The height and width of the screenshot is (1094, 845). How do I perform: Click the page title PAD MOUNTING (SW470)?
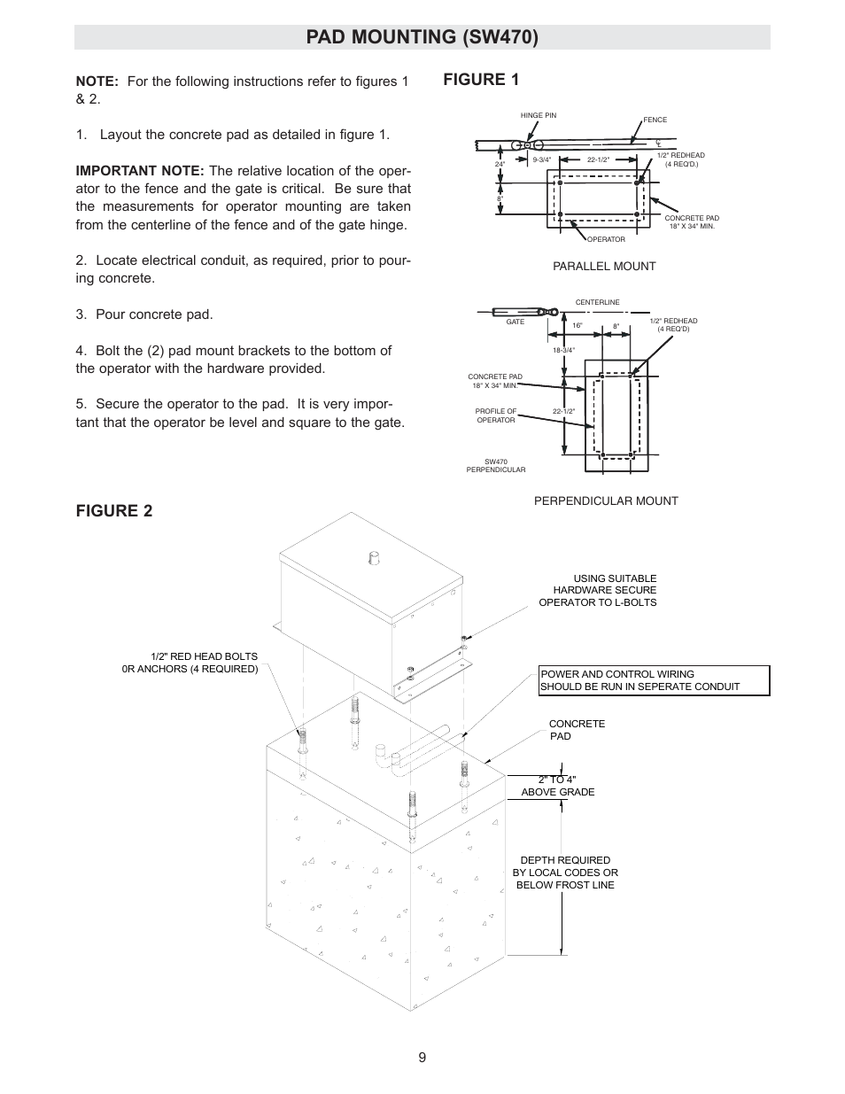tap(422, 37)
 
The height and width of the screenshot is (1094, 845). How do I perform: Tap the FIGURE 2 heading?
tap(113, 511)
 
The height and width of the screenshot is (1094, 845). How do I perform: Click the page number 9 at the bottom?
tap(422, 1057)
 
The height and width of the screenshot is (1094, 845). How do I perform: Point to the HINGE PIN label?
tap(539, 116)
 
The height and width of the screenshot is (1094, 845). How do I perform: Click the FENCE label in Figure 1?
tap(655, 120)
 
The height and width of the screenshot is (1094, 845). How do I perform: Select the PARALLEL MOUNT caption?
tap(604, 267)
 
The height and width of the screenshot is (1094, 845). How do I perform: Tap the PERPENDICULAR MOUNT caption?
tap(606, 501)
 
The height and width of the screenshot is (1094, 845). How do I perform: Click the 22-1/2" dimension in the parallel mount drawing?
tap(599, 159)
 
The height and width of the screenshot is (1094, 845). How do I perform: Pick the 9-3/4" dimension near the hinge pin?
tap(542, 159)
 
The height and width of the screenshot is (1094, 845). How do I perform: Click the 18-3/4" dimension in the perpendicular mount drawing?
tap(563, 350)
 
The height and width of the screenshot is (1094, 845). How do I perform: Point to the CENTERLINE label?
tap(598, 303)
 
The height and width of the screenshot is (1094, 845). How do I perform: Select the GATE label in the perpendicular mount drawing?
tap(516, 322)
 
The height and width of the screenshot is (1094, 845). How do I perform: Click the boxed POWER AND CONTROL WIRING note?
tap(654, 680)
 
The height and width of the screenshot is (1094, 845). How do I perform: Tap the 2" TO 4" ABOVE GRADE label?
tap(558, 786)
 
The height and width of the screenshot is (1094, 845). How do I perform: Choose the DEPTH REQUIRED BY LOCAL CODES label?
tap(565, 873)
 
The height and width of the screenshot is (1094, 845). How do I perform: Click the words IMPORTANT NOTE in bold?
tap(140, 171)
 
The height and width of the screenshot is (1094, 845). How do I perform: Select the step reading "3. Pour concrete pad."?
tap(144, 314)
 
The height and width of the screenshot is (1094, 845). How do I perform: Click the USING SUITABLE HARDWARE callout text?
tap(598, 591)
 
